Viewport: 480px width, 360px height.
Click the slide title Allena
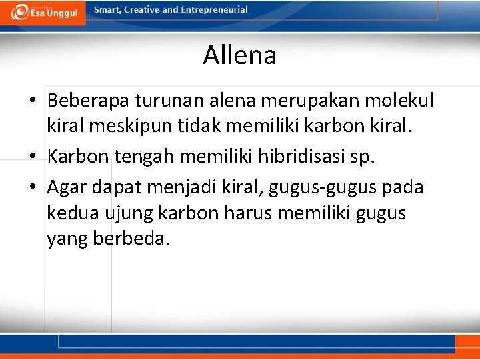(x=240, y=55)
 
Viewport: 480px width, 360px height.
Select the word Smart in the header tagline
(x=107, y=10)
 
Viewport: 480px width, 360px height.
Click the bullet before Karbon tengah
(x=33, y=157)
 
